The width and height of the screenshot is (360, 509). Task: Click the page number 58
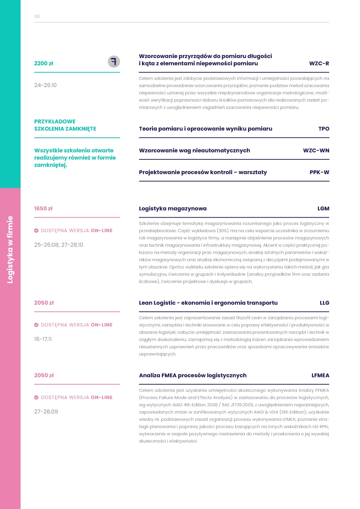point(37,16)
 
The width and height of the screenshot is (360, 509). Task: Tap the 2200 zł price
point(44,63)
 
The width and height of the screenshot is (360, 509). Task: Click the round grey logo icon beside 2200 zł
point(114,62)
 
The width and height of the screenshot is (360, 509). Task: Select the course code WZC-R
point(319,63)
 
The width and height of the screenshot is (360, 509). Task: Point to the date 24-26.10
point(45,85)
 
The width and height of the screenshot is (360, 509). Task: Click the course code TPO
point(324,129)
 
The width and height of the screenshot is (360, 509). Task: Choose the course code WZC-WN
point(316,150)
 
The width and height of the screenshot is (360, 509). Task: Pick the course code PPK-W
point(319,172)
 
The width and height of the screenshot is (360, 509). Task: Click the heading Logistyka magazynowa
point(173,208)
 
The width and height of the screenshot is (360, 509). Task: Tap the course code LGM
point(323,208)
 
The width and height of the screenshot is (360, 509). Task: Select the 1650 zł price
point(43,208)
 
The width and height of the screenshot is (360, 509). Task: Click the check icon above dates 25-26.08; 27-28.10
point(36,231)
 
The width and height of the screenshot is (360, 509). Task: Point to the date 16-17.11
point(43,339)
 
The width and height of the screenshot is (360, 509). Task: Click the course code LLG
point(324,303)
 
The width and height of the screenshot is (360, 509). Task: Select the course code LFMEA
point(320,375)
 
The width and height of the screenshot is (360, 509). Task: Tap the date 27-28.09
point(46,412)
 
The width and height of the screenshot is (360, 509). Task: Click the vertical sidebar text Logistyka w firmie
point(10,250)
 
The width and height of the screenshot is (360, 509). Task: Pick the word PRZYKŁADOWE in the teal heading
point(55,121)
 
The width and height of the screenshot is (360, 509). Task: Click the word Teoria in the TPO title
point(148,129)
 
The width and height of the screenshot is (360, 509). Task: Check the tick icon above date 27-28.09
point(36,397)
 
